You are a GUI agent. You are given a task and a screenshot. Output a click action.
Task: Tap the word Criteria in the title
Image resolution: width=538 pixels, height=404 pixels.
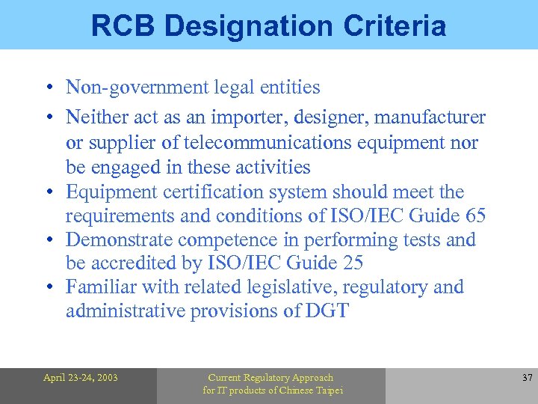click(395, 25)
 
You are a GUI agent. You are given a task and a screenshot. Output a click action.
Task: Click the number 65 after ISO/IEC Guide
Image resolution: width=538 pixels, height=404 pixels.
click(474, 216)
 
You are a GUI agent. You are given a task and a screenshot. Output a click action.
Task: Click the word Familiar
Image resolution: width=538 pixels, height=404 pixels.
click(95, 287)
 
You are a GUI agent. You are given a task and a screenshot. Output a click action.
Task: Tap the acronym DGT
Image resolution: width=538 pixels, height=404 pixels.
click(327, 311)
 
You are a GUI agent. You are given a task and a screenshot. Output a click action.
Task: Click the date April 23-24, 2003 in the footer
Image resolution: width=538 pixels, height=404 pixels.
click(80, 378)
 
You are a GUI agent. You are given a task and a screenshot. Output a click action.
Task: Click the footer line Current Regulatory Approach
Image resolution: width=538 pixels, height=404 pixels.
click(270, 378)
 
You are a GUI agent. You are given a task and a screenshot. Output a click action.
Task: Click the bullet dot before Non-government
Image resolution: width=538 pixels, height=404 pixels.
click(47, 88)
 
